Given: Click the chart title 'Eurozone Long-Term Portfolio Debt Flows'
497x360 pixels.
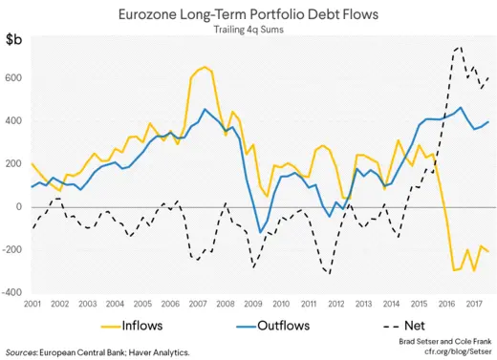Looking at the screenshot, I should click(x=248, y=16).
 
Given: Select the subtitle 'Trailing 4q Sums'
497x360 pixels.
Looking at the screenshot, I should click(x=248, y=32).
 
